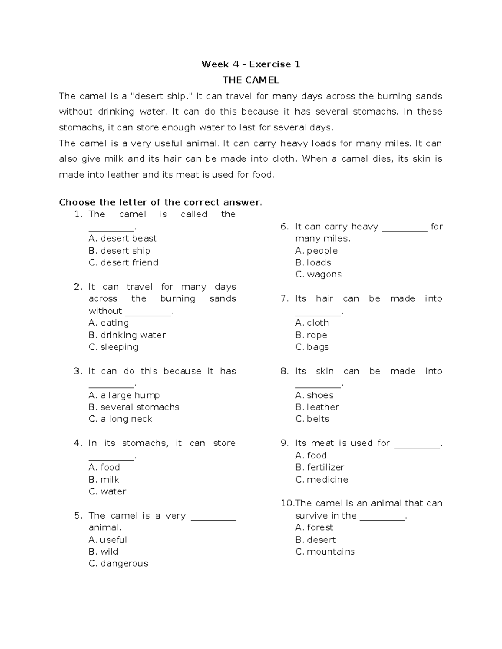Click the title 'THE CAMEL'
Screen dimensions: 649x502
click(x=251, y=80)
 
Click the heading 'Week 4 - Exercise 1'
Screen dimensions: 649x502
click(x=251, y=64)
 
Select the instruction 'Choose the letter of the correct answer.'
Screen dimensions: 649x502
click(x=161, y=203)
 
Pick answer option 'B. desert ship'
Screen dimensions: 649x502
click(x=119, y=251)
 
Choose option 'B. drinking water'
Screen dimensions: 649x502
click(x=127, y=335)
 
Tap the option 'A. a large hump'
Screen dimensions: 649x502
click(x=124, y=395)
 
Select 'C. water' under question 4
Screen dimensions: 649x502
click(x=108, y=491)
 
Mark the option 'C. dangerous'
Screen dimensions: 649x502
click(x=118, y=564)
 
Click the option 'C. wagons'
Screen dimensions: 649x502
click(x=318, y=275)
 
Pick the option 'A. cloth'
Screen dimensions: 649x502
click(x=312, y=323)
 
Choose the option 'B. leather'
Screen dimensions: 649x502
click(x=317, y=407)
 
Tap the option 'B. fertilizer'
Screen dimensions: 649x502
click(x=320, y=467)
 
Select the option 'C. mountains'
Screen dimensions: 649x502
click(x=325, y=552)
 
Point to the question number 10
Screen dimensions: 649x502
click(x=287, y=504)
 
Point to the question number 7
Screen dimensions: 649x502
click(x=284, y=299)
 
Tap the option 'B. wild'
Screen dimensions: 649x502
click(x=103, y=552)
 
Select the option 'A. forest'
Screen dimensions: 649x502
click(x=314, y=527)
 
